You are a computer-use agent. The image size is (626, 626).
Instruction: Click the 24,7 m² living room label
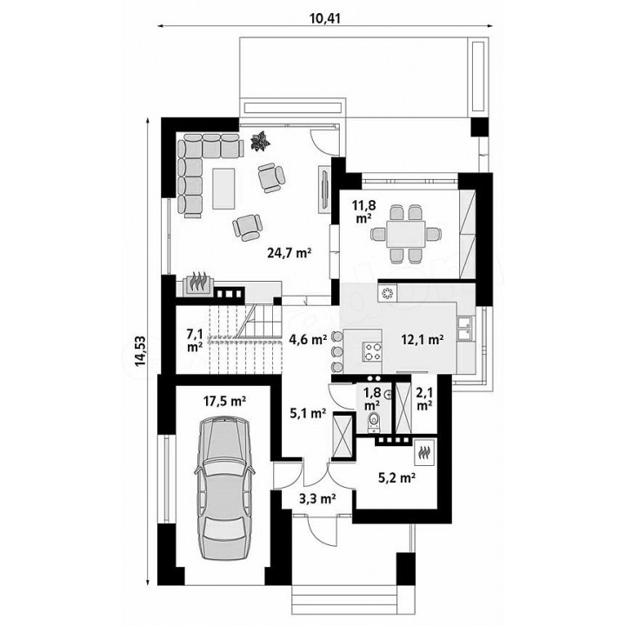point(289,253)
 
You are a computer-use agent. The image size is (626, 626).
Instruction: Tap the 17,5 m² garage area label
point(224,401)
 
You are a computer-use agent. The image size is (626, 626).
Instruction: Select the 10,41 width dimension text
point(325,18)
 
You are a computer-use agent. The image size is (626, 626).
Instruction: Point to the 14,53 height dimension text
point(141,351)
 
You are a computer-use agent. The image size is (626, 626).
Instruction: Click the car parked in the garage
point(224,488)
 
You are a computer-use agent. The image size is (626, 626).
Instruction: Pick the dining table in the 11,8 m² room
point(405,233)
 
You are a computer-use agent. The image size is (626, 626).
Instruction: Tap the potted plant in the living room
point(260,142)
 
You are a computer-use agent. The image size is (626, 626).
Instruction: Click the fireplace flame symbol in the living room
point(198,281)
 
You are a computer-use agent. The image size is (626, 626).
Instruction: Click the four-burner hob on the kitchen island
point(372,351)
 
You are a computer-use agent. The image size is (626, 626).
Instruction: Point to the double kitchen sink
point(465,329)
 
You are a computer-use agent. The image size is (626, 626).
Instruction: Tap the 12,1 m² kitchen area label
point(423,340)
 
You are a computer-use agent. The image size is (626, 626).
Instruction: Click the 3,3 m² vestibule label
point(317,498)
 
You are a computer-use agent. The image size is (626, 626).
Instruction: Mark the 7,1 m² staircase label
point(195,340)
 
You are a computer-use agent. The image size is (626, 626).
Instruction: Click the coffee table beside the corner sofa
point(223,189)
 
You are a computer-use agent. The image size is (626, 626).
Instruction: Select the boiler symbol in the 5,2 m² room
point(424,453)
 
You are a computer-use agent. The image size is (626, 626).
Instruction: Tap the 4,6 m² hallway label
point(308,340)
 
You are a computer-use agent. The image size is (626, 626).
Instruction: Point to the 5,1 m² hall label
point(308,414)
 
